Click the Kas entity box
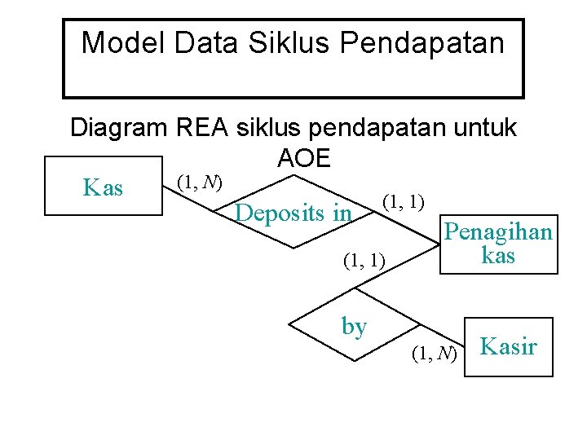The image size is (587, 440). click(104, 188)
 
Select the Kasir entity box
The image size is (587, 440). click(508, 346)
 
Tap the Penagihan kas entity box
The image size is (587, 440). click(497, 244)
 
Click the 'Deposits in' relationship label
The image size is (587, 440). click(293, 213)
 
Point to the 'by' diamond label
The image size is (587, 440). click(354, 327)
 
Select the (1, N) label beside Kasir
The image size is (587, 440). click(434, 353)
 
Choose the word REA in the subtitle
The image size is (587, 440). click(201, 128)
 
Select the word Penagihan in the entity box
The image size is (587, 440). click(497, 233)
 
